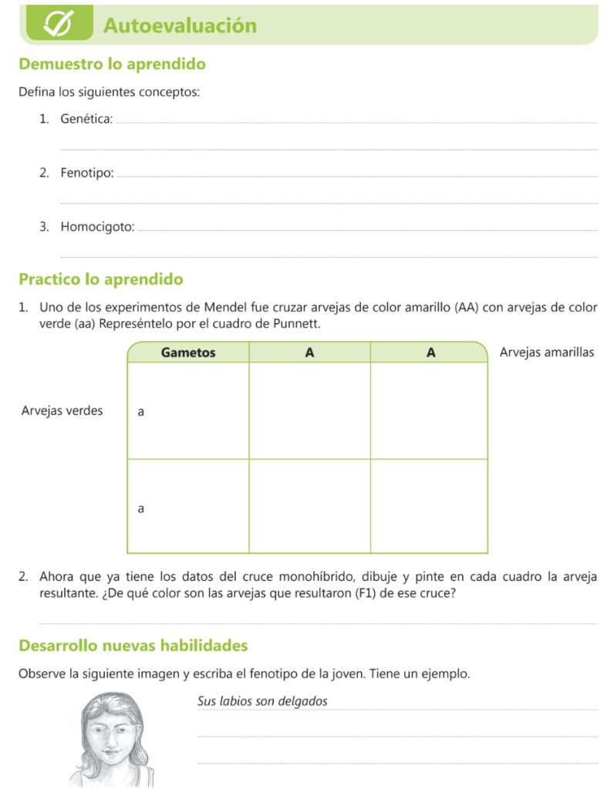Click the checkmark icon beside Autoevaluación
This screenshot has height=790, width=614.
tap(59, 25)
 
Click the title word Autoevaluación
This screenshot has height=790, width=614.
tap(180, 25)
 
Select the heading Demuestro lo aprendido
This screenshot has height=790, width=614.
tap(112, 64)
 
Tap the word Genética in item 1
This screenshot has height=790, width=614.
tap(86, 120)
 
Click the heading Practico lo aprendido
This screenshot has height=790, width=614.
tap(101, 279)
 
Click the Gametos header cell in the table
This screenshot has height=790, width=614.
tap(188, 353)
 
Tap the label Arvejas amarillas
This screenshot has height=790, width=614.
tap(547, 353)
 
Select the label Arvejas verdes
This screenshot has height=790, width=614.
tap(62, 410)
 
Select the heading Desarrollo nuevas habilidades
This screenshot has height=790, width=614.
tap(133, 645)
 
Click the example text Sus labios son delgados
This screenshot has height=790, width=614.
tap(263, 701)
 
